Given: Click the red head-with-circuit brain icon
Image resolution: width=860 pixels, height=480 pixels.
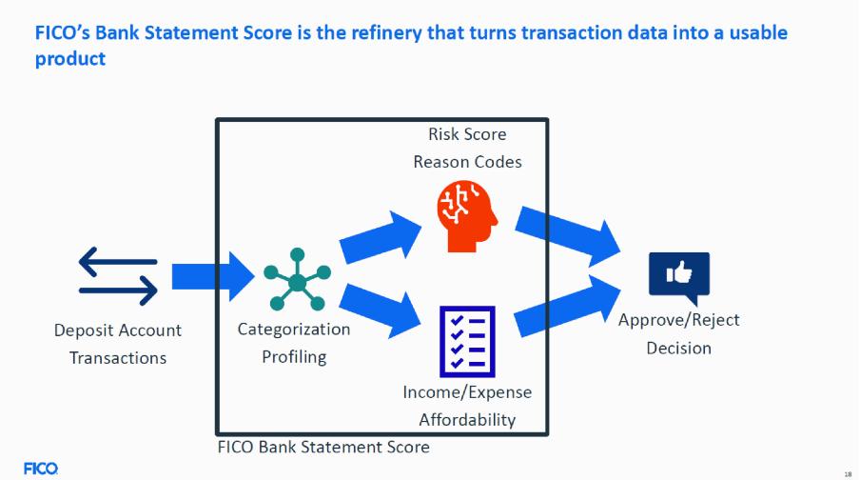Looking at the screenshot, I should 467,218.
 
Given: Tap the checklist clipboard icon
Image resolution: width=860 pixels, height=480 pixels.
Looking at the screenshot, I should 467,340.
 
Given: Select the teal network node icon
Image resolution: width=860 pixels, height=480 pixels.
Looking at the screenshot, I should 298,278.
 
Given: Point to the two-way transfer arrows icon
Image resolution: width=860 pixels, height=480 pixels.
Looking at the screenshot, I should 118,276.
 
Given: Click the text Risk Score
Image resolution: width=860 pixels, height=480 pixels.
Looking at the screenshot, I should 467,134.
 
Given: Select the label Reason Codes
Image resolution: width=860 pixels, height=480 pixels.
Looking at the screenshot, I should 467,162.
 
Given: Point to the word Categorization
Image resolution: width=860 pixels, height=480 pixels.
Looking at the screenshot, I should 294,330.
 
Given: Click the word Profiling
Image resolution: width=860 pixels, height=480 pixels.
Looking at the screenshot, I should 294,357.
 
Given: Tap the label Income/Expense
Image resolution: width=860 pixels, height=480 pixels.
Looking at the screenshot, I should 467,391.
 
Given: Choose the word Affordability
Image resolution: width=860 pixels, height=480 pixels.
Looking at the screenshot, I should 467,419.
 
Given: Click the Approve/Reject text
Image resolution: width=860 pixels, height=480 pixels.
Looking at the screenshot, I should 678,320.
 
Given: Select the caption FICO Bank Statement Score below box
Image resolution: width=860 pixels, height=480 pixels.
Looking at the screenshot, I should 323,447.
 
